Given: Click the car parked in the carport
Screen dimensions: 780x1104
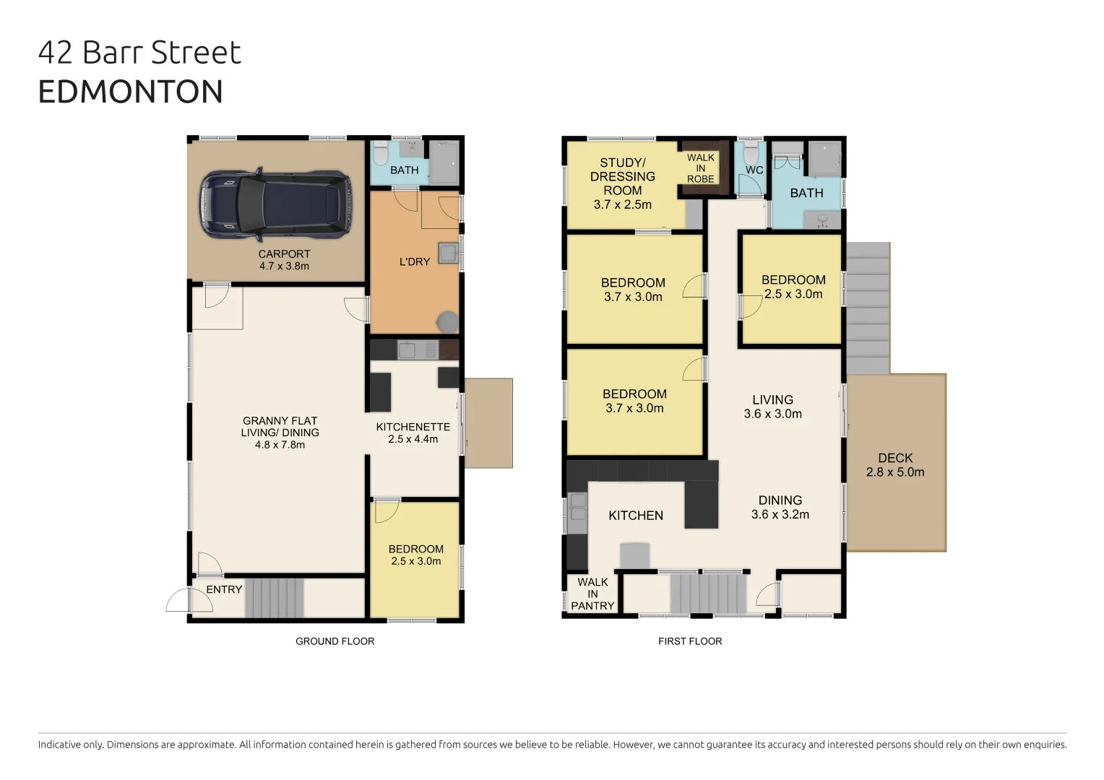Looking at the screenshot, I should pos(275,205).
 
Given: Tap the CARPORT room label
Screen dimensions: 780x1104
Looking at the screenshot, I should pos(284,260).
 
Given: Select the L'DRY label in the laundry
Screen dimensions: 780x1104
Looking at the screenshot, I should pos(415,261).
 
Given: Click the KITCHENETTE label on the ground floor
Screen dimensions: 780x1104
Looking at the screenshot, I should pos(413,433).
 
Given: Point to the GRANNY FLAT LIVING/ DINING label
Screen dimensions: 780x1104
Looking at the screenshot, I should pos(280,432).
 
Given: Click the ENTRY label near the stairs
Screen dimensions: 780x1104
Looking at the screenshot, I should pos(224,589).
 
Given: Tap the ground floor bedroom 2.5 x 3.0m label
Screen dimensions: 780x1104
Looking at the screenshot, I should pos(415,555).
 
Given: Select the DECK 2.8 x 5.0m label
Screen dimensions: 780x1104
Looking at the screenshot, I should pos(895,464).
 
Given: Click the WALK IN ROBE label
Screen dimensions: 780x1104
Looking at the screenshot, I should pos(700,168).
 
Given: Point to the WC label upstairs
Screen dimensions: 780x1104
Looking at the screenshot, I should pos(754,170).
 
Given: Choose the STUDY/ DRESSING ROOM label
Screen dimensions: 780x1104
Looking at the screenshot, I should pos(622,183).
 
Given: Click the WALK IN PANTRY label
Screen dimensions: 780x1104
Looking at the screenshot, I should pos(592,594).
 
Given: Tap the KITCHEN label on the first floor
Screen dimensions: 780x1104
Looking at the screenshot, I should pos(635,515).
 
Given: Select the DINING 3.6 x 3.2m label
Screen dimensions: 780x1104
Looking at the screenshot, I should pos(780,507).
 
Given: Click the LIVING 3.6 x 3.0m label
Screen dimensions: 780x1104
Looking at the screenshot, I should pos(772,407).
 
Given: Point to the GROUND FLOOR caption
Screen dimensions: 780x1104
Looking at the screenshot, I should pos(335,641).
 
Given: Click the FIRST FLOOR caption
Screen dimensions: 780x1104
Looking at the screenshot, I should pos(689,641).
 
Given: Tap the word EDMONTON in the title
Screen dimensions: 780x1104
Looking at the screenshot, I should pos(130,92).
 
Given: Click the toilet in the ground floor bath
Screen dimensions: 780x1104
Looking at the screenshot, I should pos(381,155).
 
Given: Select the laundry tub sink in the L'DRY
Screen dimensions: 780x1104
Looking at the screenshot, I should pos(448,253).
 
